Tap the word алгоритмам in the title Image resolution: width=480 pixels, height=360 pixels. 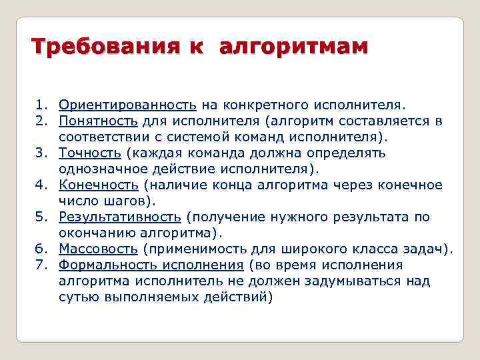(293, 47)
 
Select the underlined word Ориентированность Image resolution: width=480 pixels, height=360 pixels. (127, 105)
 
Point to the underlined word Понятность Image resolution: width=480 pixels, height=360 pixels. (98, 121)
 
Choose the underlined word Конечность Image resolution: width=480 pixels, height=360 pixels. (99, 185)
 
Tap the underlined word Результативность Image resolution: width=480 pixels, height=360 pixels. (120, 217)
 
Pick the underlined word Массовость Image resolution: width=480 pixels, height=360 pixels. (99, 249)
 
